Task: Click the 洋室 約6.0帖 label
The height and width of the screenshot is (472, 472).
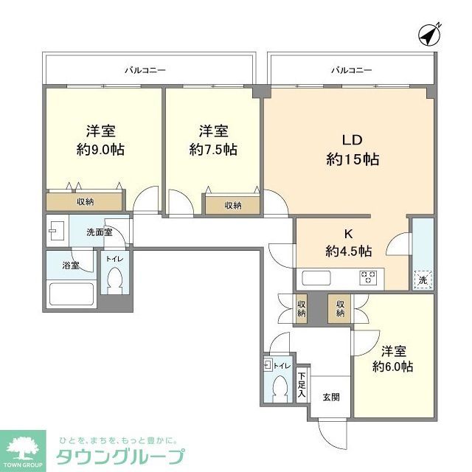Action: (392, 358)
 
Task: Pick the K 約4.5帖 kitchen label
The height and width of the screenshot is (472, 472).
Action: (348, 243)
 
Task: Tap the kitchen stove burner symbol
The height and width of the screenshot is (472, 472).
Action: (367, 278)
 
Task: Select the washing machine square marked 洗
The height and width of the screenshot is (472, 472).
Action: (423, 279)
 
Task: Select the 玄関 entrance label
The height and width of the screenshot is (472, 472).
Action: (330, 397)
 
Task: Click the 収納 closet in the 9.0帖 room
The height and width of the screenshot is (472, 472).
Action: (85, 201)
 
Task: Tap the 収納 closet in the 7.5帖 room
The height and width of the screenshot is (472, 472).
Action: (232, 205)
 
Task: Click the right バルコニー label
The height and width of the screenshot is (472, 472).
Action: (351, 71)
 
